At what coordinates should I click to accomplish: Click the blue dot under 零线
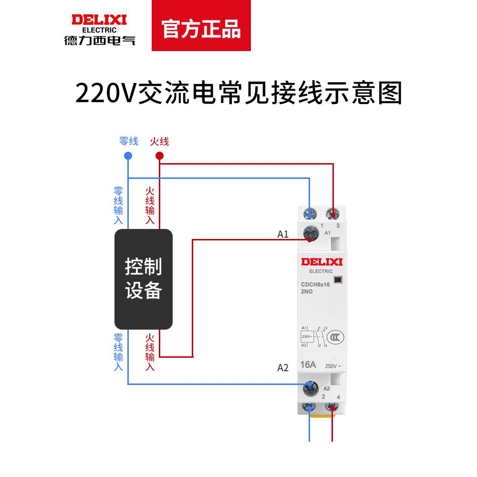tap(128, 156)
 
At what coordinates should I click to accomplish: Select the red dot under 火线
tap(160, 156)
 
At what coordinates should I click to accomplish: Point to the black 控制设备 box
tap(143, 279)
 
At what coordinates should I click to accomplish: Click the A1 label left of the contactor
tap(283, 234)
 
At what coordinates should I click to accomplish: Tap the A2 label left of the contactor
tap(283, 368)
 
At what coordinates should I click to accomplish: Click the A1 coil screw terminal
tap(311, 234)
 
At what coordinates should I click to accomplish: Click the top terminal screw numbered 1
tap(311, 213)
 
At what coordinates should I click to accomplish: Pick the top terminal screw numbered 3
tap(332, 213)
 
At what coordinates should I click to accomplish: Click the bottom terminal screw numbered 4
tap(332, 408)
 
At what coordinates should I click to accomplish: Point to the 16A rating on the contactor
tap(308, 365)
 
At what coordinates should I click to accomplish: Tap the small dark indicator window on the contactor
tap(338, 280)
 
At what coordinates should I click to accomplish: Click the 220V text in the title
tap(105, 93)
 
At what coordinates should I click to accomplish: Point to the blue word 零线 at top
tap(128, 141)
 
